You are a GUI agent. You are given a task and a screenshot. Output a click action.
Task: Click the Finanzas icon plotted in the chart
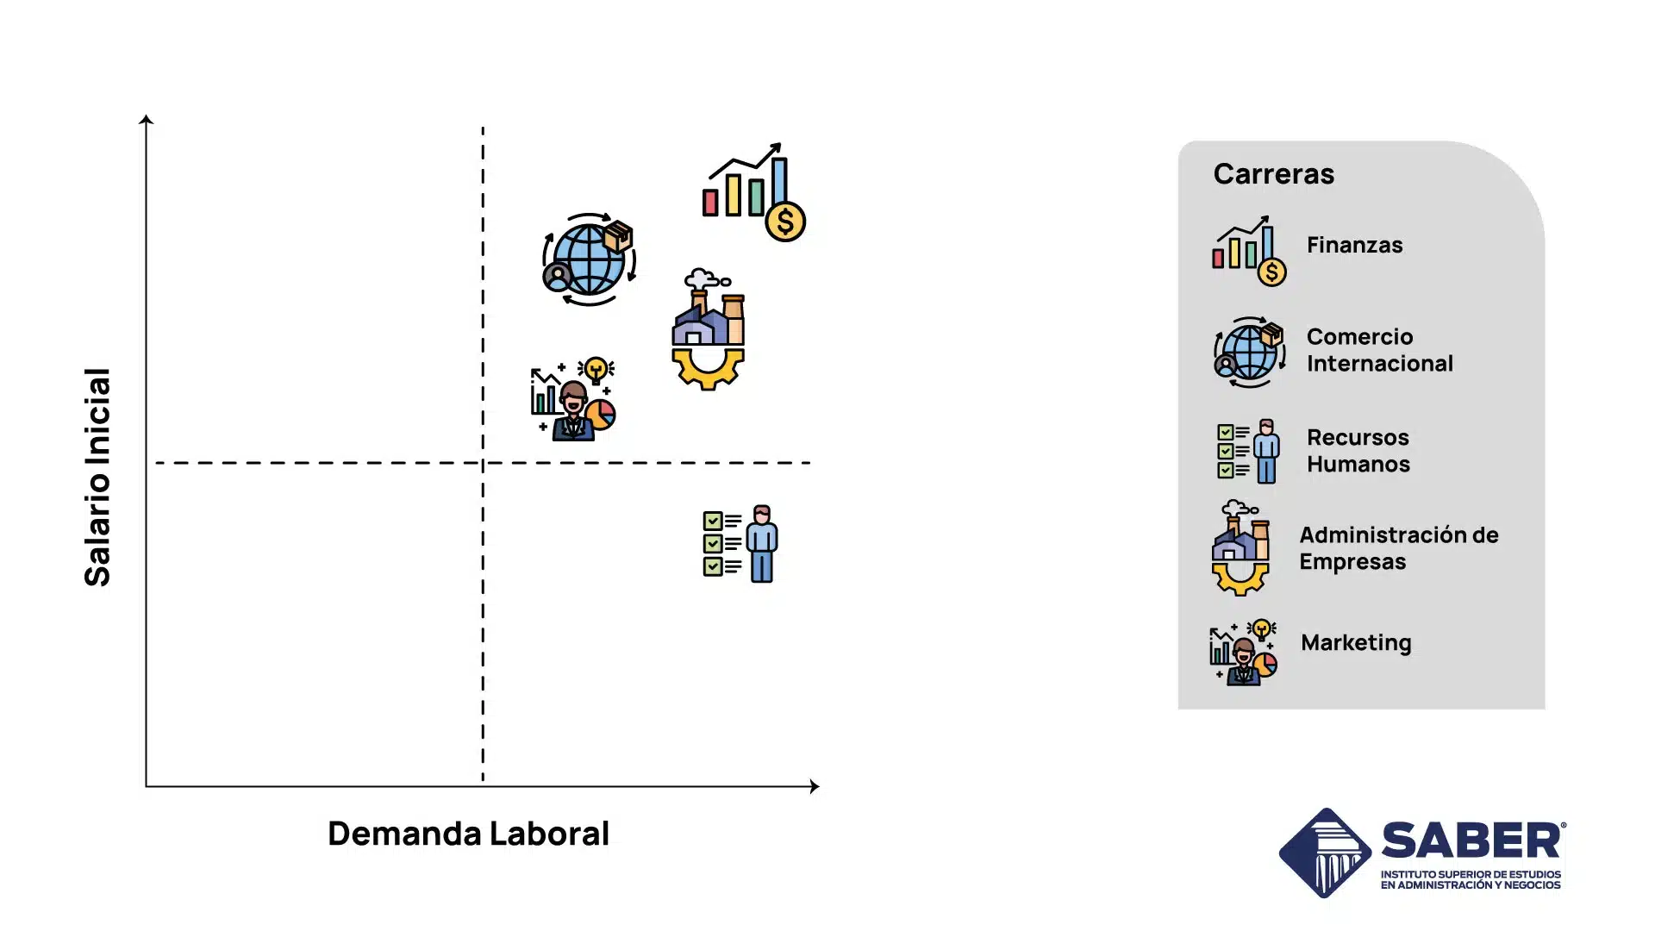[x=753, y=192]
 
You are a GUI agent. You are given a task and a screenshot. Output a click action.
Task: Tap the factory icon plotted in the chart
[x=709, y=329]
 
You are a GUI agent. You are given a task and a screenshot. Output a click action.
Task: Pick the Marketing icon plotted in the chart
[x=573, y=400]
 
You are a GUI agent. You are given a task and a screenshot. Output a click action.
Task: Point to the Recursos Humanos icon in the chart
[x=740, y=544]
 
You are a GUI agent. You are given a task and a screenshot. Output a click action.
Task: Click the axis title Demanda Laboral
[x=468, y=834]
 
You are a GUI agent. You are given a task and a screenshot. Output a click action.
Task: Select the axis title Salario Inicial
[x=97, y=477]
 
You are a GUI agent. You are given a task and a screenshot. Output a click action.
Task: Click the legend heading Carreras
[x=1273, y=174]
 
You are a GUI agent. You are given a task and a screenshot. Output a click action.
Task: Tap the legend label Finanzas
[x=1354, y=246]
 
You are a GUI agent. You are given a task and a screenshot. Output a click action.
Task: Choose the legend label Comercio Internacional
[x=1379, y=350]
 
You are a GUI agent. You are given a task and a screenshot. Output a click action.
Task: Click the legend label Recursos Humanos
[x=1358, y=451]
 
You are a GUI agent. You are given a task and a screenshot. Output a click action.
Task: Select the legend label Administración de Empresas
[x=1398, y=548]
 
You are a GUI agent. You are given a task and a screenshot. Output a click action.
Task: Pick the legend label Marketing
[x=1356, y=643]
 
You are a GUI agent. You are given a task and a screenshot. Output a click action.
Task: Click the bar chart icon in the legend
[x=1248, y=251]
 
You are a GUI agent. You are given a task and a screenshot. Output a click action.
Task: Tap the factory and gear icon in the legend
[x=1240, y=548]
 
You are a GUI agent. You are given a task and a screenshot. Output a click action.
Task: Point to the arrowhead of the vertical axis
[x=147, y=120]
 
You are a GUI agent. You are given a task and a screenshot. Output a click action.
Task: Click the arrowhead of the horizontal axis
[x=814, y=786]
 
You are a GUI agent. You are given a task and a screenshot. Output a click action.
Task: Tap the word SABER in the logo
[x=1472, y=840]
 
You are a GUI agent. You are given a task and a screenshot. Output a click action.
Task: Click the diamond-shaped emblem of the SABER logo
[x=1325, y=853]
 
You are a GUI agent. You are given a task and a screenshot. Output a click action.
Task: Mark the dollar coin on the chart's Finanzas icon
[x=785, y=222]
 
